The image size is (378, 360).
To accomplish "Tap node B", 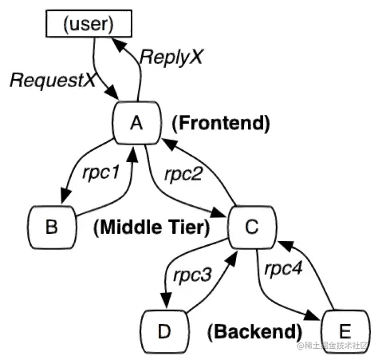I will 51,227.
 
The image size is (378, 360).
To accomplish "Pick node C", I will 251,227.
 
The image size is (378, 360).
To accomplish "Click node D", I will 165,330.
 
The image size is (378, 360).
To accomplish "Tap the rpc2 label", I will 187,173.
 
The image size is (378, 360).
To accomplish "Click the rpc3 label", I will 195,277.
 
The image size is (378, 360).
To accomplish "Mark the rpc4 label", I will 285,267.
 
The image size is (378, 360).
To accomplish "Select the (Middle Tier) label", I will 152,227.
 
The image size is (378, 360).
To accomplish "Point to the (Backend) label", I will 254,330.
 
